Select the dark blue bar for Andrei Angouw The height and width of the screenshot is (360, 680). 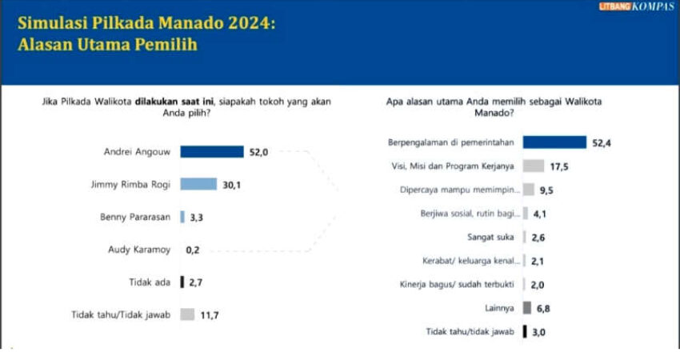(x=211, y=152)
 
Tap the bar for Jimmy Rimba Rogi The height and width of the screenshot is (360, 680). (x=198, y=184)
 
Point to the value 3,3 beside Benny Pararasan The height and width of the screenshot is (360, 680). (x=196, y=217)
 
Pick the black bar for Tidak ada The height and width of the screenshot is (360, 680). (x=182, y=282)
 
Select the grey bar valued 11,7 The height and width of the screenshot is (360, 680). (x=187, y=314)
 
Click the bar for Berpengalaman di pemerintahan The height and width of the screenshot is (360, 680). (x=554, y=142)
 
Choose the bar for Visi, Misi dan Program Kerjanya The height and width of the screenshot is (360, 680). (x=534, y=166)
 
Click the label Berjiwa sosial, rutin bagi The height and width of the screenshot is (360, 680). (x=469, y=214)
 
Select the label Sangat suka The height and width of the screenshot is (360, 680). (x=491, y=238)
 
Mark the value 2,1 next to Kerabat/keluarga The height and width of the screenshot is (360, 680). (x=538, y=261)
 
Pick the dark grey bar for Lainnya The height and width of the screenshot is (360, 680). (x=527, y=308)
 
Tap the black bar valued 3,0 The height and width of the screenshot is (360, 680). (x=524, y=331)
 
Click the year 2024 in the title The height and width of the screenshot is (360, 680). (x=245, y=24)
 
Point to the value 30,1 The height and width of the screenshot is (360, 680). (x=231, y=185)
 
